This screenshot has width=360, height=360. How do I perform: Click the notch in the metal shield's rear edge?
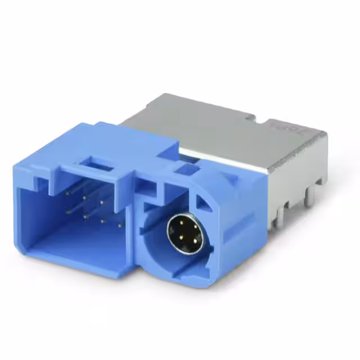coord(258,118)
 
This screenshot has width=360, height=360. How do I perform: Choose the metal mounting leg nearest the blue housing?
coord(276,220)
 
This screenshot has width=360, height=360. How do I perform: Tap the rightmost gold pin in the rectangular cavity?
coord(120,225)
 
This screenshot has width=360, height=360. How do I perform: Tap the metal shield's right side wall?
coord(298,169)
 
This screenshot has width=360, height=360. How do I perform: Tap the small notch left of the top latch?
coord(40,181)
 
